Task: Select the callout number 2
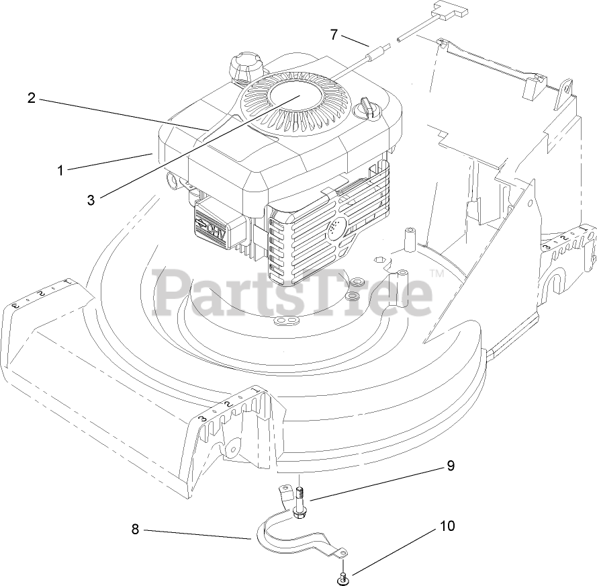(x=32, y=98)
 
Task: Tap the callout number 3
(x=91, y=200)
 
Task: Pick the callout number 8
(x=135, y=530)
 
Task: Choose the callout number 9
(x=451, y=464)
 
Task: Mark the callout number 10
(x=447, y=526)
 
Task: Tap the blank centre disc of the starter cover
(x=295, y=99)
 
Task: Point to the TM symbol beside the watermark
(x=437, y=274)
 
